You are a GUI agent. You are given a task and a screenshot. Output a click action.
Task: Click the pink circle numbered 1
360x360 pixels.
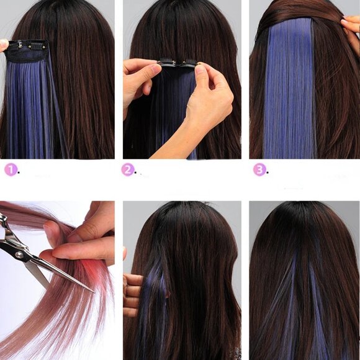tap(11, 169)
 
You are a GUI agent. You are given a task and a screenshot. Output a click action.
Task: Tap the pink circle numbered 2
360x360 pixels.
tap(128, 169)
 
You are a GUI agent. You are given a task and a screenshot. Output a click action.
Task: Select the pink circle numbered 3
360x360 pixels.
tap(259, 169)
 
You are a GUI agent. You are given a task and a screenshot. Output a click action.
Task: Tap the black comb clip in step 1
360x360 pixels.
tap(28, 45)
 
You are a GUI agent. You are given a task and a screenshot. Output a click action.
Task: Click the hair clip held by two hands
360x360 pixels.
tap(178, 62)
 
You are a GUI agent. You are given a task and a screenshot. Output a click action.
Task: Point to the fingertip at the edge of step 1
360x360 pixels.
tap(3, 45)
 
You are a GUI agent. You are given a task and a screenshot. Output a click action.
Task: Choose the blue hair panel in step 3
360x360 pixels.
tap(289, 93)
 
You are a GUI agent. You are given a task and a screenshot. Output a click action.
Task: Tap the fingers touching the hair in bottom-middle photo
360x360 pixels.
tap(132, 292)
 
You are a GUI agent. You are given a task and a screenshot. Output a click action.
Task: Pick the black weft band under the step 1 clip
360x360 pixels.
tap(28, 56)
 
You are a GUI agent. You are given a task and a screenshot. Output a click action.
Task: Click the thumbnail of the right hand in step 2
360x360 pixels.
tap(201, 70)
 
